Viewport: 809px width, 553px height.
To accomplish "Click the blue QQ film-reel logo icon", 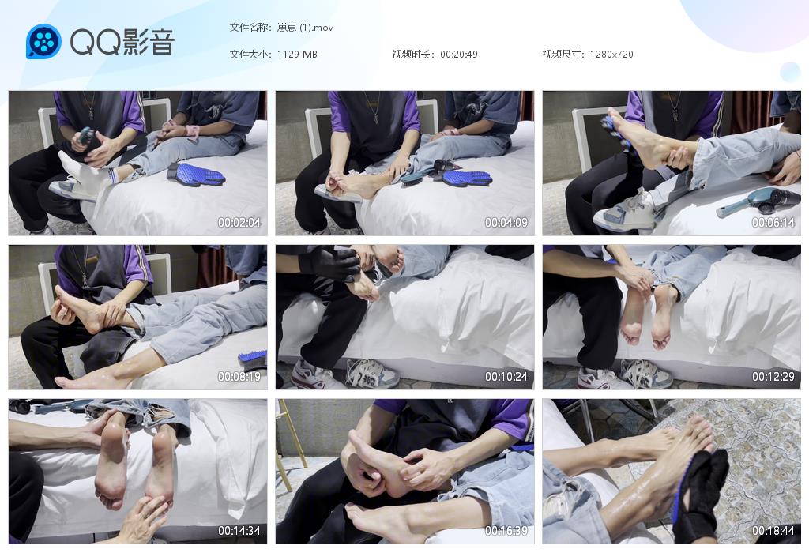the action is click(x=43, y=41).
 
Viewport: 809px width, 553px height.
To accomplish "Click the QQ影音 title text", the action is click(x=122, y=41).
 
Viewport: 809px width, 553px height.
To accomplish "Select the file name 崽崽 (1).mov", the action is click(x=305, y=28).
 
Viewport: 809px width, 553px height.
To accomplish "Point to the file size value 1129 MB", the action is click(x=297, y=55).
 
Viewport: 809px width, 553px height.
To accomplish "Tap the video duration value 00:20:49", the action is click(x=459, y=55).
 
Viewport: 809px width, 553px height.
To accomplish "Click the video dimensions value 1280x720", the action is click(x=611, y=55).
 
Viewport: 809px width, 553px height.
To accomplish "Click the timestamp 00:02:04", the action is click(x=239, y=222).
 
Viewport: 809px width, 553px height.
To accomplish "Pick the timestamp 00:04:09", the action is click(x=506, y=222).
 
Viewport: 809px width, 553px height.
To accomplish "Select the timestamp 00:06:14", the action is click(x=773, y=222).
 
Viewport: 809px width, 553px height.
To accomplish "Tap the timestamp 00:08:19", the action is click(x=239, y=377).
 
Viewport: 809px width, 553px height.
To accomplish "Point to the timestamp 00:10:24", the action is click(x=506, y=377).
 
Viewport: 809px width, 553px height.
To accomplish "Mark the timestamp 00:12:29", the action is click(x=773, y=377).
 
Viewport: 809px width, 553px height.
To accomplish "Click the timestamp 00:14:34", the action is click(x=239, y=530).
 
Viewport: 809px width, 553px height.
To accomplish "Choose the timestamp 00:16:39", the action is click(x=506, y=530).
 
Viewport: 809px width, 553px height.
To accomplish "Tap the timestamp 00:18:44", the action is click(x=773, y=530).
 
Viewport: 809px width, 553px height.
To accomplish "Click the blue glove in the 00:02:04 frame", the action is click(x=197, y=175).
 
